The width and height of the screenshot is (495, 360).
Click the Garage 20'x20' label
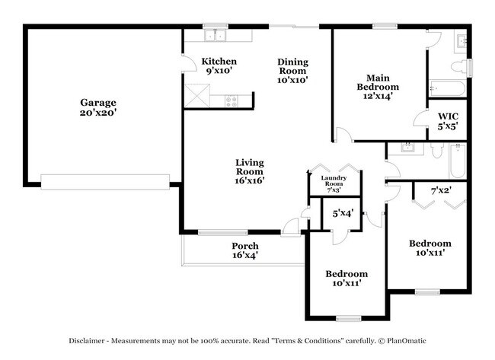pos(99,107)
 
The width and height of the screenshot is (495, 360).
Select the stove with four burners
pos(232,99)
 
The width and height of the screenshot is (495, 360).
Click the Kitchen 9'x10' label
pos(219,66)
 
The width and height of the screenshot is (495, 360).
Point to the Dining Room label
pos(292,71)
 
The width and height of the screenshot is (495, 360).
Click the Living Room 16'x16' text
pos(249,171)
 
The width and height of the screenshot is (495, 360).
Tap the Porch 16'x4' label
pos(244,251)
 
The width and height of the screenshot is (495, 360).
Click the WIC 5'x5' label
pos(448,122)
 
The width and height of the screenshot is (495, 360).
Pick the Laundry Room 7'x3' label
pos(335,183)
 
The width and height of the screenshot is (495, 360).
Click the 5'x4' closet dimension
pos(342,215)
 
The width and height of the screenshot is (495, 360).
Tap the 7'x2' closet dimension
pos(442,190)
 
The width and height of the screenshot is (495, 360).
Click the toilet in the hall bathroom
pos(436,150)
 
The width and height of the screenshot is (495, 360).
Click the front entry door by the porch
pos(290,226)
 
